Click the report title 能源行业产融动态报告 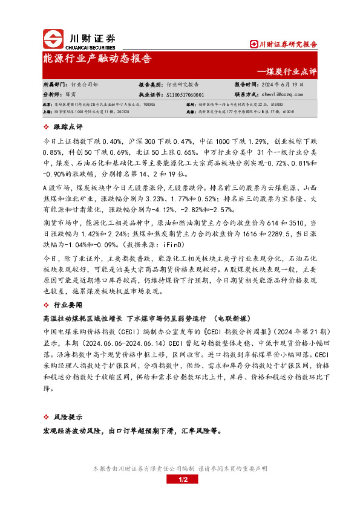coord(97,59)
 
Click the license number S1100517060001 coord(185,95)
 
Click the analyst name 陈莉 coord(71,95)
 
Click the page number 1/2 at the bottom coord(180,479)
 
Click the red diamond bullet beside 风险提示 coord(48,418)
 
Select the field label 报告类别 coord(151,85)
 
